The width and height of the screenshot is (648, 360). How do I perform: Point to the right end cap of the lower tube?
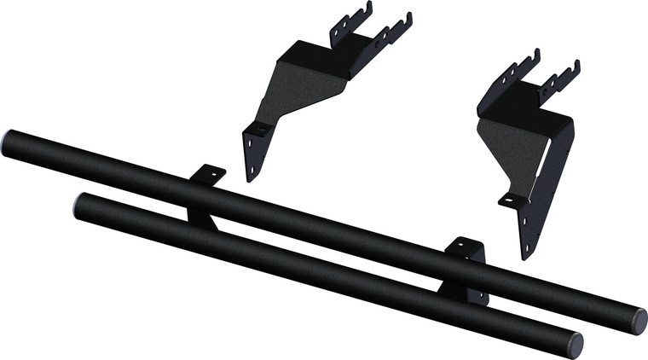point(575,345)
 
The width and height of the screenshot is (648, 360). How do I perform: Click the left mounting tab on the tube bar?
point(210,175)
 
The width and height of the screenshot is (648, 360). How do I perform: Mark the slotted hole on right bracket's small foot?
point(508,200)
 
